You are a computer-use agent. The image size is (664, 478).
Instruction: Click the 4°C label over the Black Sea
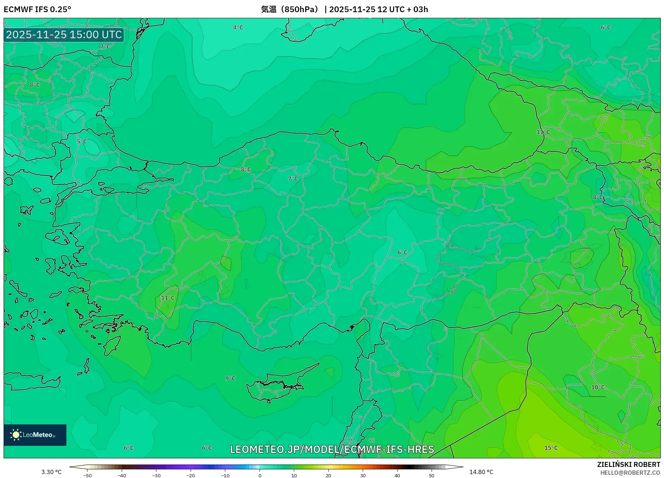238,28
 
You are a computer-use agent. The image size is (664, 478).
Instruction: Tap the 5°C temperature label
82,141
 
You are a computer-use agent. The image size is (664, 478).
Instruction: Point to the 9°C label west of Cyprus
230,378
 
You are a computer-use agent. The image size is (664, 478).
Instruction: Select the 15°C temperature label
551,448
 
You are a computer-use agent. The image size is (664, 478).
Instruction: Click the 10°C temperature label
598,387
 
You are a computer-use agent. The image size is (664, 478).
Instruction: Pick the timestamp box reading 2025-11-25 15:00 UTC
64,35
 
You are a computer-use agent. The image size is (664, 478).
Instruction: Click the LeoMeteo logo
35,435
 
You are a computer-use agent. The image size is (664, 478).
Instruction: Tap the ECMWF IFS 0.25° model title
37,9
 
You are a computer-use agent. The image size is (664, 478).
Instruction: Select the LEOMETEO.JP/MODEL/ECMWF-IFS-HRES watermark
332,449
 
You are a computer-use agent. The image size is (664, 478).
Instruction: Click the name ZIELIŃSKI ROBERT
628,464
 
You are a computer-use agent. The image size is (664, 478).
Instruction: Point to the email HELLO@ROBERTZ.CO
630,473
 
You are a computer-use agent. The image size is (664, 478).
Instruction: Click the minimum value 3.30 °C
51,472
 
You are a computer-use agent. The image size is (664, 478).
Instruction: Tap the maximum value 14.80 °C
481,472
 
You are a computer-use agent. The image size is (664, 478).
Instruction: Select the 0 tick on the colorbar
260,475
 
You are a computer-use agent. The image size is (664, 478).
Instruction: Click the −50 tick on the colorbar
87,475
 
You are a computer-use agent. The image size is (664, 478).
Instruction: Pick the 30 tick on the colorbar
363,475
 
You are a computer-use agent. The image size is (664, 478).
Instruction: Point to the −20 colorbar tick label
191,475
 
